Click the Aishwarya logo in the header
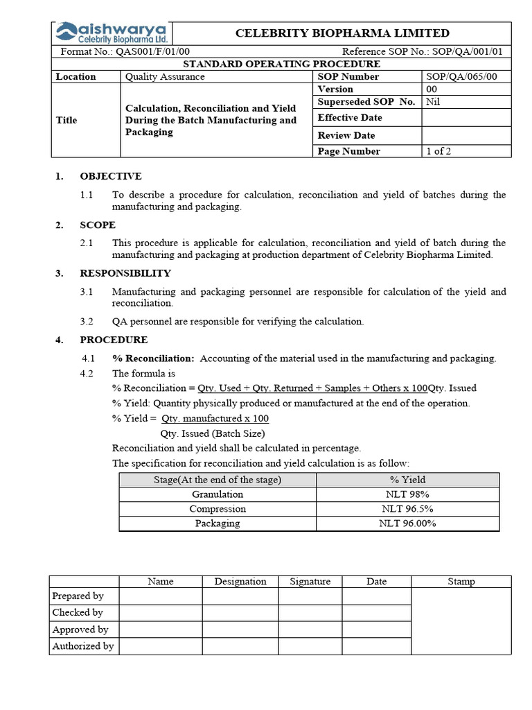(x=112, y=33)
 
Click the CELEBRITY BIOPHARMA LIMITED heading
(x=342, y=33)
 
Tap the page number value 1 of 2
(x=438, y=151)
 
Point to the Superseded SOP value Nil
(x=434, y=102)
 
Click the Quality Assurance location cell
(x=165, y=77)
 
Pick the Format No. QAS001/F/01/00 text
(x=125, y=52)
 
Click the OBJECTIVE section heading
(x=111, y=176)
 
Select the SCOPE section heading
(x=98, y=225)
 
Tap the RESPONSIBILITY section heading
(x=125, y=273)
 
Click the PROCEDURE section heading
(x=114, y=340)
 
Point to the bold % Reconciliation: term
(x=154, y=358)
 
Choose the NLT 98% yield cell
(x=407, y=494)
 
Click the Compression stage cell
(x=218, y=509)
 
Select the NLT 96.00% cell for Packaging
(x=407, y=523)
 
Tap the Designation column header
(x=240, y=582)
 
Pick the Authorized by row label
(x=83, y=646)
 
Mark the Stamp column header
(x=461, y=582)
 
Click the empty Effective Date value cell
(x=466, y=118)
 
